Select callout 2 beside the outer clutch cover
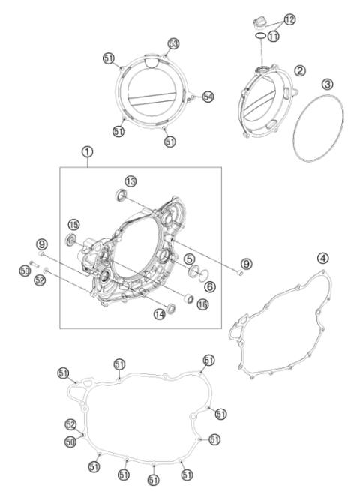[x=299, y=71]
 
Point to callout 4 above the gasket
[x=322, y=258]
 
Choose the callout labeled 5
[x=191, y=259]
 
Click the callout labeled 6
[x=209, y=286]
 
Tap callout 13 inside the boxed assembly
[x=131, y=181]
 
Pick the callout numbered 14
[x=159, y=316]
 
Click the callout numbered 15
[x=73, y=225]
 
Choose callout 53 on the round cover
[x=174, y=44]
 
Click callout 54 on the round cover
[x=208, y=96]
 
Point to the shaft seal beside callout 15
[x=73, y=241]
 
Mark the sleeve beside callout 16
[x=190, y=302]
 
